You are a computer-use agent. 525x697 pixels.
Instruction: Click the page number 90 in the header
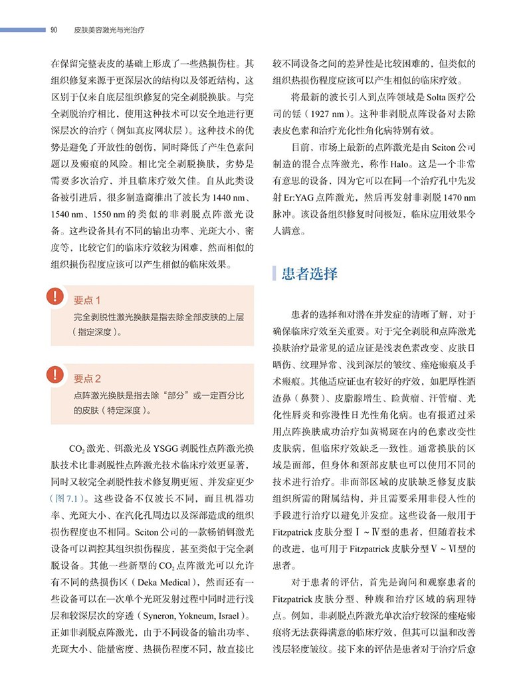(54, 30)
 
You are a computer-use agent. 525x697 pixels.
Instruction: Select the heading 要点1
(88, 300)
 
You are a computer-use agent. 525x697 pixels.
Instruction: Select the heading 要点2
(88, 379)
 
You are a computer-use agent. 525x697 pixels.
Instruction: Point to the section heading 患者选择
(309, 274)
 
